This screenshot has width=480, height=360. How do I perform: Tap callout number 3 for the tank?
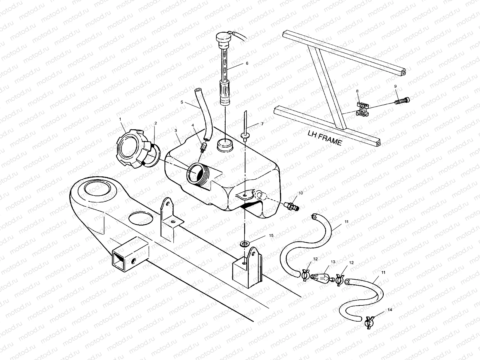[175, 131]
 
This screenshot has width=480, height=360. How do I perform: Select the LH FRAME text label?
[325, 138]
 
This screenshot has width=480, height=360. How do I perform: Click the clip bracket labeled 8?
[363, 109]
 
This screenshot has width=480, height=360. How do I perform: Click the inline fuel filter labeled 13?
[321, 276]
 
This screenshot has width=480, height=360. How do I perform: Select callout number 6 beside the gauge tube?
[247, 63]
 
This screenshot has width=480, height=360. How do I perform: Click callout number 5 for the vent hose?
[182, 102]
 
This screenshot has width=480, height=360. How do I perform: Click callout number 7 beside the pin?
[262, 124]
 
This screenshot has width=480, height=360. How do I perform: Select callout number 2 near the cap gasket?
[156, 123]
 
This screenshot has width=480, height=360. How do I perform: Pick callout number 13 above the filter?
[333, 262]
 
